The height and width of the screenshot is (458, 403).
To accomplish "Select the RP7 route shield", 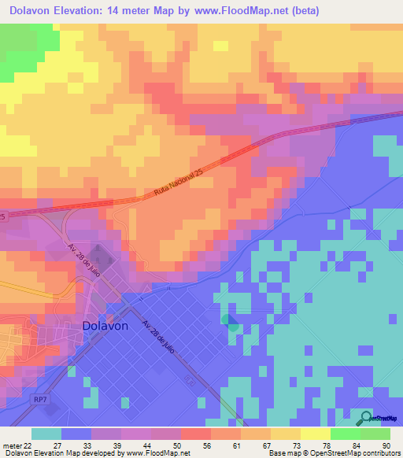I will tap(40, 400).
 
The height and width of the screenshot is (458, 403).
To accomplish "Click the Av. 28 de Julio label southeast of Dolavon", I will tap(161, 338).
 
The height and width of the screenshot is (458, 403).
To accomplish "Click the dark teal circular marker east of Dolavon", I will tap(229, 321).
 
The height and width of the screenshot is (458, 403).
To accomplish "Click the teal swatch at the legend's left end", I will tap(46, 434).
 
